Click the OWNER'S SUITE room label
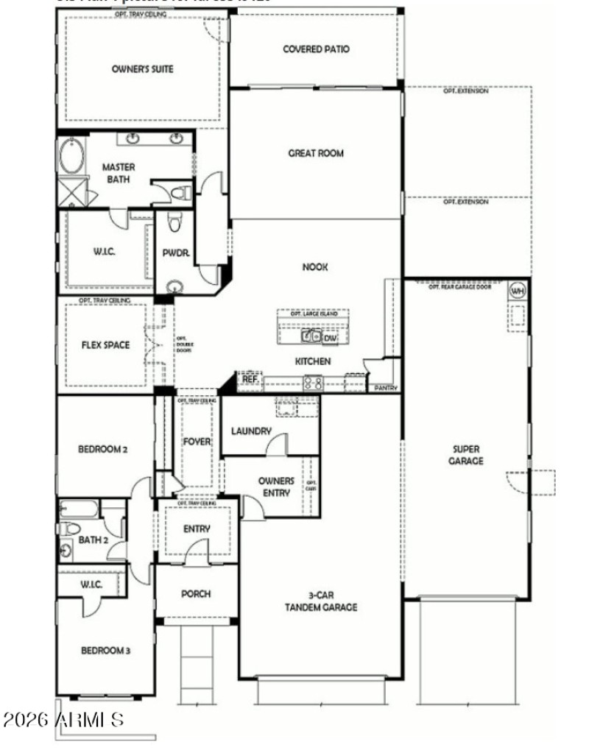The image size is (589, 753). pyautogui.click(x=142, y=69)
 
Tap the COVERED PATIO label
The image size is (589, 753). pyautogui.click(x=316, y=49)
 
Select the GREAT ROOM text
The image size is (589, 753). pyautogui.click(x=316, y=154)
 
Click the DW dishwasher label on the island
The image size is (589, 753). pyautogui.click(x=331, y=338)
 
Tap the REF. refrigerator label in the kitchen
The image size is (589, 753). pyautogui.click(x=250, y=378)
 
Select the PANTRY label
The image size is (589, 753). pyautogui.click(x=387, y=387)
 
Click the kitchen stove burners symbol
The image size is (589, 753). pyautogui.click(x=313, y=382)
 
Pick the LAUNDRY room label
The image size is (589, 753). pyautogui.click(x=251, y=431)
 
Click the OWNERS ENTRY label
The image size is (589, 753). pyautogui.click(x=276, y=487)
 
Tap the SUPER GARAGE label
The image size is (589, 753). pyautogui.click(x=468, y=455)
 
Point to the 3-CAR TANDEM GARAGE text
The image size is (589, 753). pyautogui.click(x=322, y=601)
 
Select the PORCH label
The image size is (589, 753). pyautogui.click(x=197, y=594)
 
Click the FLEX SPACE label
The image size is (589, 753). pyautogui.click(x=105, y=344)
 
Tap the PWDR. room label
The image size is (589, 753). pyautogui.click(x=176, y=252)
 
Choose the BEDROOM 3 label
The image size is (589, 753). pyautogui.click(x=105, y=651)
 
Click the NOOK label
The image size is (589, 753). pyautogui.click(x=315, y=267)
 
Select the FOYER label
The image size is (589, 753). pyautogui.click(x=197, y=442)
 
